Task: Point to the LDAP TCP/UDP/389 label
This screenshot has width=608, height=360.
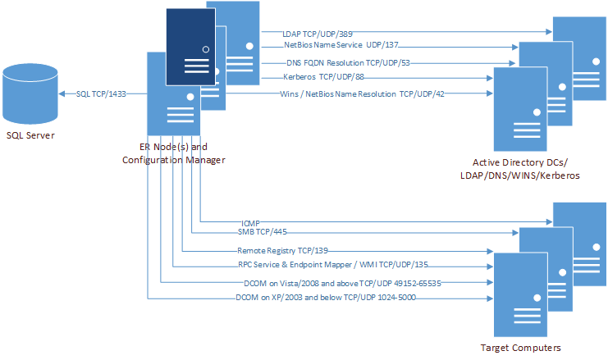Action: click(x=309, y=33)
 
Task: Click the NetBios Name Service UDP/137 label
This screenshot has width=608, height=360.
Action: click(x=335, y=47)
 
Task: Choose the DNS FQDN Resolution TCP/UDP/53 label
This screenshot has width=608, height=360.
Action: click(x=337, y=62)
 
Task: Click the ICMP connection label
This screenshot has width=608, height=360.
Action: click(x=250, y=221)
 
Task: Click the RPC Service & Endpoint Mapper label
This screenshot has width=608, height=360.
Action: click(x=332, y=266)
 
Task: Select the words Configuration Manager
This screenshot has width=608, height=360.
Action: click(x=173, y=159)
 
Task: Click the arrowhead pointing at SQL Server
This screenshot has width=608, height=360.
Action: click(x=64, y=93)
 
